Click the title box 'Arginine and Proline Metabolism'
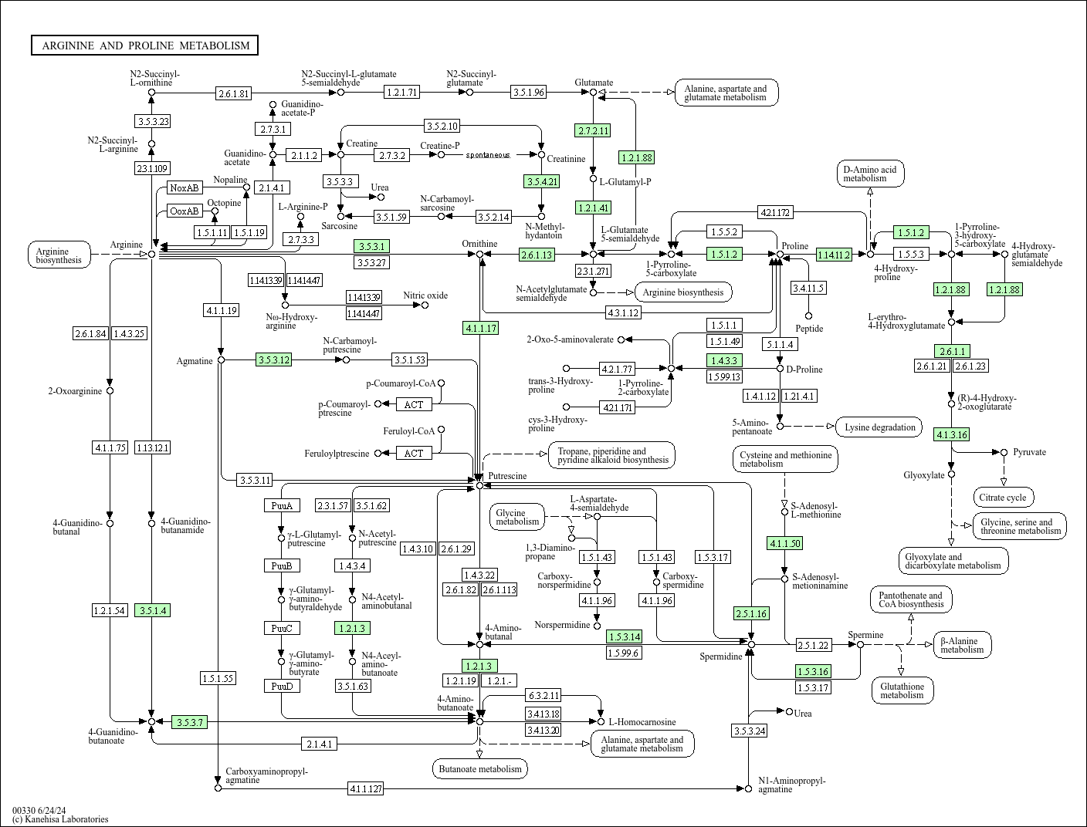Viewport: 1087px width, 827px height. click(x=145, y=46)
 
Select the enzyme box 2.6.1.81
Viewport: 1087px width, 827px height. click(x=234, y=93)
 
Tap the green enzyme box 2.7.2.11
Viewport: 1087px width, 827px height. click(x=592, y=130)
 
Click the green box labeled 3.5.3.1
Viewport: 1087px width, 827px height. click(x=371, y=246)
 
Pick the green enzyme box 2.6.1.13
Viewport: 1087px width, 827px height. click(x=537, y=255)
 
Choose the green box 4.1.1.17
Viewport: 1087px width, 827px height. click(x=480, y=328)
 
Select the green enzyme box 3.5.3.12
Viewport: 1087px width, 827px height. click(x=274, y=359)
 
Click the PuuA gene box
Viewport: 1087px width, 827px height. click(x=281, y=506)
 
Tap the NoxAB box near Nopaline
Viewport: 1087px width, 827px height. click(x=185, y=187)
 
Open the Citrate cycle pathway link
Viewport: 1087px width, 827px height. click(x=1004, y=498)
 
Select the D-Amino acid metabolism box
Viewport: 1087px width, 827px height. click(x=869, y=174)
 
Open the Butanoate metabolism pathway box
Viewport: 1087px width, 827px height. click(x=480, y=768)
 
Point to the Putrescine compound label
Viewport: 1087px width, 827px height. click(x=507, y=476)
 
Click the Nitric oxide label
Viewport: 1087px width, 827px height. click(x=425, y=295)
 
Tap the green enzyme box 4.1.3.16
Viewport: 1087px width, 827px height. click(x=951, y=434)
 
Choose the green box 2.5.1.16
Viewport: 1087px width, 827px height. click(x=751, y=613)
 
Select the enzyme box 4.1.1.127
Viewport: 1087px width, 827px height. click(x=365, y=788)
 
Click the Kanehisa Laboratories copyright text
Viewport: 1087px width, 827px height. click(x=60, y=819)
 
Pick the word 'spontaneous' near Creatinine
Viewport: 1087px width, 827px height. click(x=487, y=155)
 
